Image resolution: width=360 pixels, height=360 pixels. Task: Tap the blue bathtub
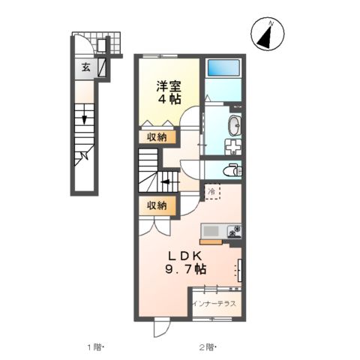(222, 67)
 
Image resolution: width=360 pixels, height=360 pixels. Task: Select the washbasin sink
(233, 125)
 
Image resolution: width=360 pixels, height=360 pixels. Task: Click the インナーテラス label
(214, 304)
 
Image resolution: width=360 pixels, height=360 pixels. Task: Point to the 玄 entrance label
(86, 66)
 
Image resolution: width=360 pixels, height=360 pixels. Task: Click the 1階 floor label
(94, 347)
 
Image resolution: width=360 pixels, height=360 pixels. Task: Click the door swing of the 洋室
(194, 121)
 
